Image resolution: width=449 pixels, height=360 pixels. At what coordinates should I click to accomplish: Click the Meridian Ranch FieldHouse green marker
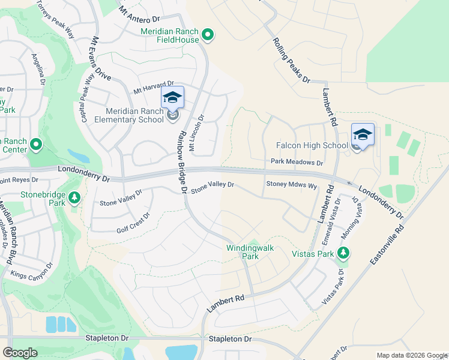208,36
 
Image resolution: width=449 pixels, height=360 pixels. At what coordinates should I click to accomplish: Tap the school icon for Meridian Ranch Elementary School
172,98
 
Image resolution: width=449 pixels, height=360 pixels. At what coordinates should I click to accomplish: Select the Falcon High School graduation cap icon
363,134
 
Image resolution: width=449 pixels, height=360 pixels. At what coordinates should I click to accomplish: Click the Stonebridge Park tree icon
74,197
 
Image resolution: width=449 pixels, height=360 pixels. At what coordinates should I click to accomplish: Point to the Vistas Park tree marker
344,253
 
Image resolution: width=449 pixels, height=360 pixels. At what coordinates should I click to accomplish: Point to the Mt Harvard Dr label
154,87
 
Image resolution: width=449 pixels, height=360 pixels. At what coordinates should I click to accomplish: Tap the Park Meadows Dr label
297,162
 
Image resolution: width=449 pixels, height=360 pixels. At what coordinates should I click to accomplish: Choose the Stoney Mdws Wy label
291,186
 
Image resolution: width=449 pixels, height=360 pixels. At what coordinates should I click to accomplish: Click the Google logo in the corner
20,353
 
